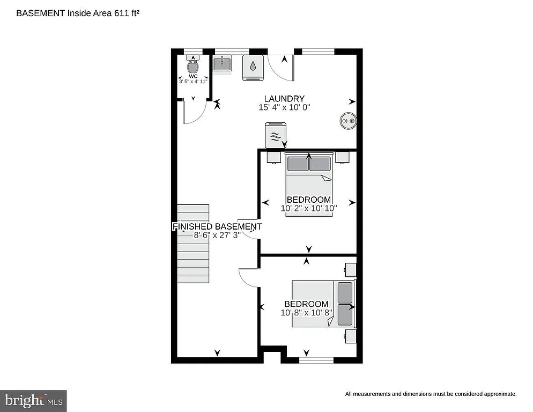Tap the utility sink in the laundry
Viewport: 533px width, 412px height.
(222, 64)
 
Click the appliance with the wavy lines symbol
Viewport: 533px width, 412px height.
(276, 135)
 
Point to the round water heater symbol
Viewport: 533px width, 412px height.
(347, 121)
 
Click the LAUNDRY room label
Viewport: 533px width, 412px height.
(284, 99)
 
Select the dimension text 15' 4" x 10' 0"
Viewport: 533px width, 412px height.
(284, 107)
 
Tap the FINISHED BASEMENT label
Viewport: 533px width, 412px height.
(217, 226)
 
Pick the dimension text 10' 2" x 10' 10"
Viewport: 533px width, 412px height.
(309, 208)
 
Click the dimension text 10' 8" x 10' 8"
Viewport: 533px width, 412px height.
(307, 312)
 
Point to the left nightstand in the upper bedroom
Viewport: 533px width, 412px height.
(273, 157)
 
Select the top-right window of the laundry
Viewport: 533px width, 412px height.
(318, 51)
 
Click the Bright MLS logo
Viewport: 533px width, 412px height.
(33, 400)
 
